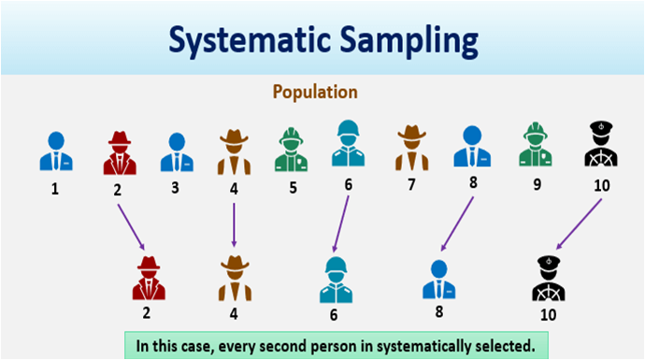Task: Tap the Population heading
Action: click(315, 93)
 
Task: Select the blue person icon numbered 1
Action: click(55, 151)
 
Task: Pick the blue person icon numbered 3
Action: click(176, 151)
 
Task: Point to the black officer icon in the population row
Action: click(600, 147)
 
